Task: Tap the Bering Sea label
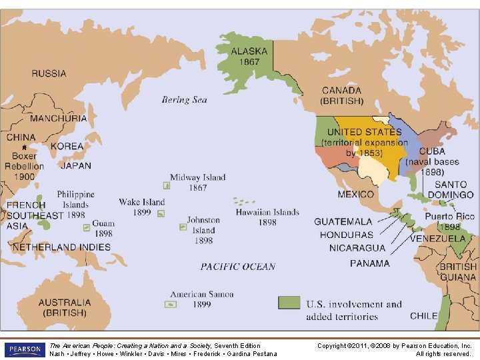185,100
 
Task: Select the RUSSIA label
49,73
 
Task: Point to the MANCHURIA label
58,118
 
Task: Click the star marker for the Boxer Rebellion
24,147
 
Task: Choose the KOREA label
67,146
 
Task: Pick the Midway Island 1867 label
197,183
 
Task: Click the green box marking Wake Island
161,213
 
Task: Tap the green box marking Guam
87,227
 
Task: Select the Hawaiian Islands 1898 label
267,217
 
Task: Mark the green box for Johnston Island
183,227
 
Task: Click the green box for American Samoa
171,304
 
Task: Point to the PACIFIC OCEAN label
238,267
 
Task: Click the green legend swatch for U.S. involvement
289,303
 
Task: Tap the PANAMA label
369,263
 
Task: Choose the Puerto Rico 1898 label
449,221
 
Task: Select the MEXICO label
355,195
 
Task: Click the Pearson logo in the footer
23,349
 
